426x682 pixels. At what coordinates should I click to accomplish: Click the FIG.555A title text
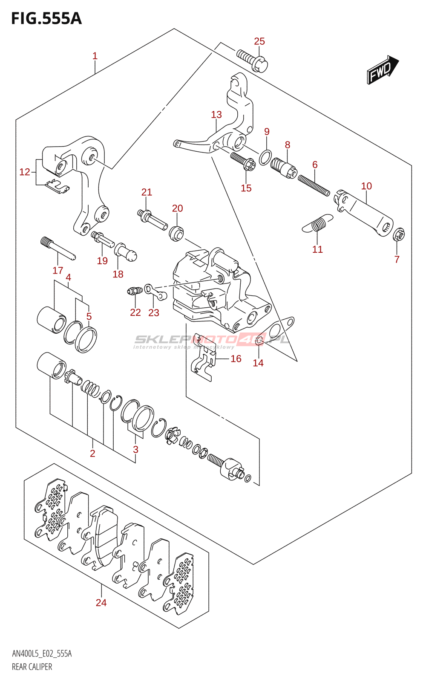(46, 18)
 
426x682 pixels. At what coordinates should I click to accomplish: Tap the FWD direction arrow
(382, 69)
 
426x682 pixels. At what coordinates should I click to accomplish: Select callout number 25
(259, 41)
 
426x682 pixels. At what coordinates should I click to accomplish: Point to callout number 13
(216, 115)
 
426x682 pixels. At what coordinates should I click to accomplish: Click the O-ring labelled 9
(265, 157)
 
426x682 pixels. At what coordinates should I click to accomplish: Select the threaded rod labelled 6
(314, 186)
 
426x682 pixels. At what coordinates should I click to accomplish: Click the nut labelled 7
(398, 234)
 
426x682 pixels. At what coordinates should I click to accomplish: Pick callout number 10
(366, 186)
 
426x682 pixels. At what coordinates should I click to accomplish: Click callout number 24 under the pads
(101, 603)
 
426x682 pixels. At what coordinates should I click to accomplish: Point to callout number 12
(25, 172)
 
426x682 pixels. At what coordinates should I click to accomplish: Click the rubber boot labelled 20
(177, 233)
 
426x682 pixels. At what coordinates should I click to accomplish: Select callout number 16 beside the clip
(236, 359)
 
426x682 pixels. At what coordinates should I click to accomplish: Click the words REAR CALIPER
(32, 667)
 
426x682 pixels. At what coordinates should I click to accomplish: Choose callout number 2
(92, 454)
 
